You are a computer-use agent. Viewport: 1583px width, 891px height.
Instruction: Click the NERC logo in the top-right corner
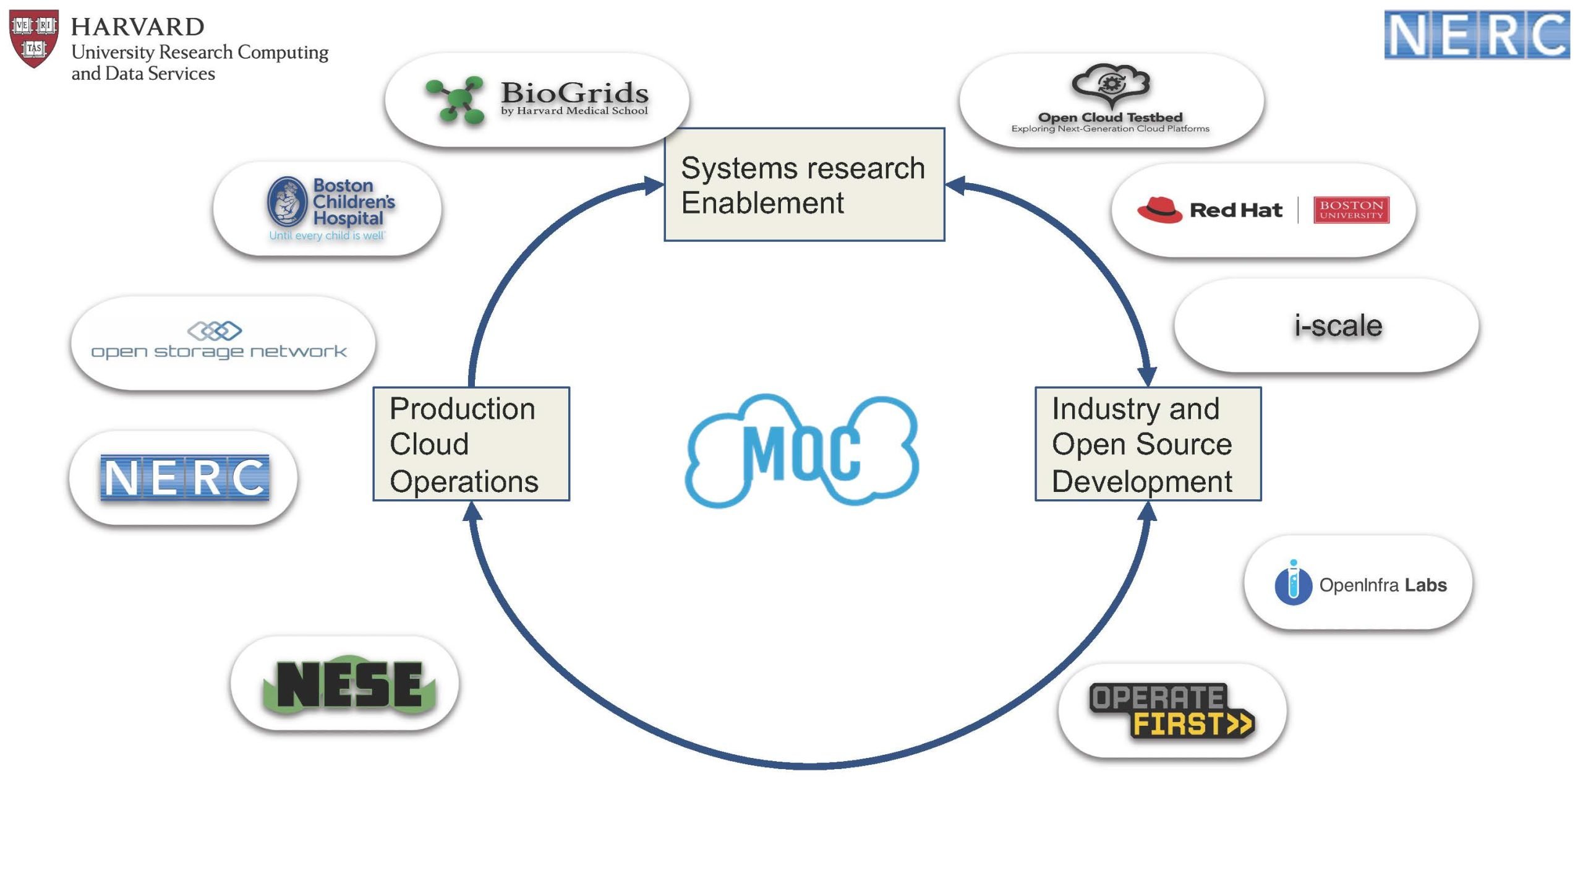coord(1476,35)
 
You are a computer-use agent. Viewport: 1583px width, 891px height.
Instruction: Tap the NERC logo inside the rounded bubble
coord(184,477)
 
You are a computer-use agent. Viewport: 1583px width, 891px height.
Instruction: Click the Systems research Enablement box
coord(804,184)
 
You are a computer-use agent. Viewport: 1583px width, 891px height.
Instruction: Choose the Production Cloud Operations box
coord(471,444)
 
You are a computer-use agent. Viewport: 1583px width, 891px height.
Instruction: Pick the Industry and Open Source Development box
coord(1148,444)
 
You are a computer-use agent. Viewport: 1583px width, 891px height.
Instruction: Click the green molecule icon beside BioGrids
coord(456,100)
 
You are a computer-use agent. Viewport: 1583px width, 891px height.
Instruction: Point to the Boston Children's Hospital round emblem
coord(287,202)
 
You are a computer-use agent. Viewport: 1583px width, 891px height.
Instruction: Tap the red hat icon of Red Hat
coord(1159,210)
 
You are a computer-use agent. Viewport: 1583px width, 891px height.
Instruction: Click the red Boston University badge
coord(1351,210)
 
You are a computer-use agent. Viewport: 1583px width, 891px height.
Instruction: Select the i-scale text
coord(1338,325)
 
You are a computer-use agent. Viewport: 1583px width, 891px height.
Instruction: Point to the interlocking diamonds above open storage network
coord(215,330)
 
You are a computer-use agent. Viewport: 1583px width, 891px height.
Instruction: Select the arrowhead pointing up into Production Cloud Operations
coord(472,511)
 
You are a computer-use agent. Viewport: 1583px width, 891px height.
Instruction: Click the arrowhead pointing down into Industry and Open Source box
coord(1147,376)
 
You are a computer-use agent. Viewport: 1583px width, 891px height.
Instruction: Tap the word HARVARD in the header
coord(137,27)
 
